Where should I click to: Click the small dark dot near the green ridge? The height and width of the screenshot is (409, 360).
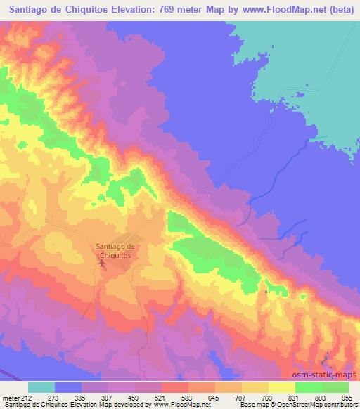[265, 291]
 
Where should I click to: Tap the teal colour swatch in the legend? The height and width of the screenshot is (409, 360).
[41, 387]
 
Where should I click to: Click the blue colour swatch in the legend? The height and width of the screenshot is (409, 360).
[68, 387]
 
